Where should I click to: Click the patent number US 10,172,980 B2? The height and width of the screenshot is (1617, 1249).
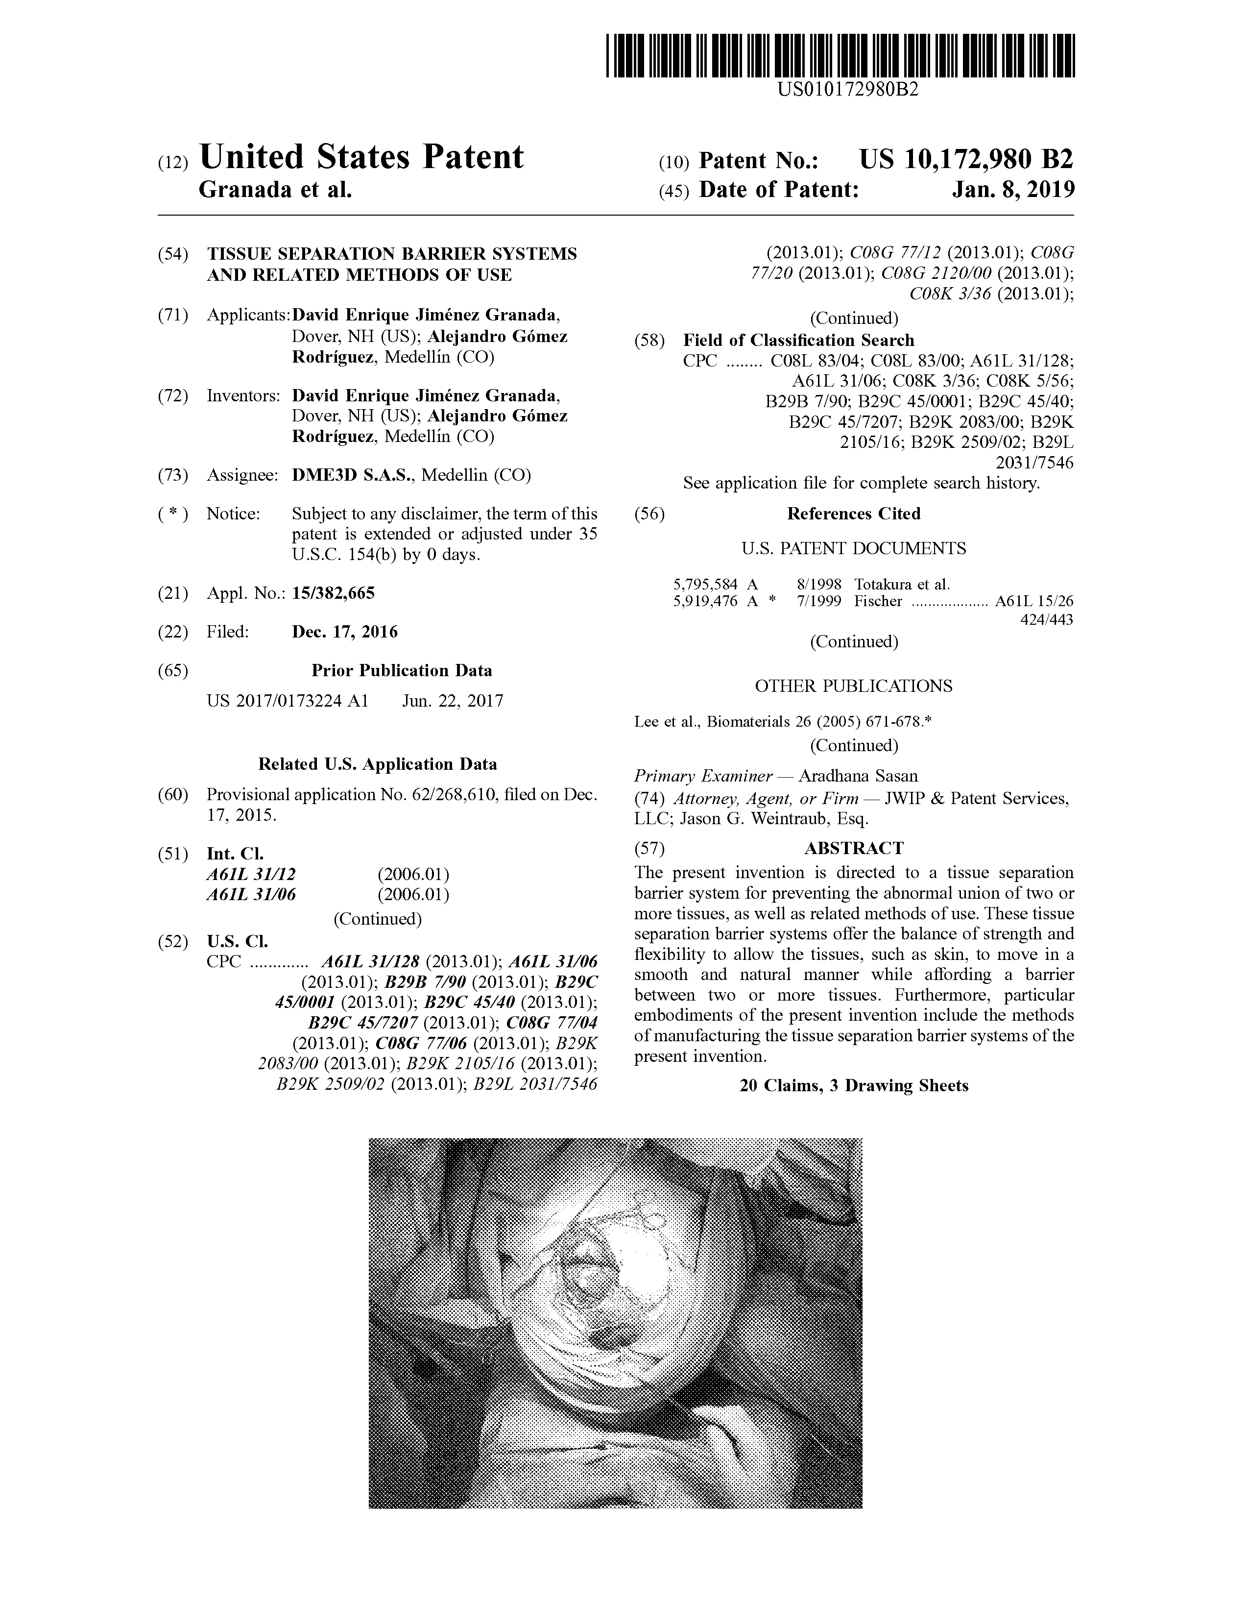(x=965, y=159)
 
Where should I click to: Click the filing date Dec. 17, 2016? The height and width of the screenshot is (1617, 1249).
(x=345, y=632)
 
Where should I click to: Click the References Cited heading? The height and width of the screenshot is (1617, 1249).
(x=854, y=514)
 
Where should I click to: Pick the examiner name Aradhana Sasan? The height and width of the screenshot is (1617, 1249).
(x=858, y=776)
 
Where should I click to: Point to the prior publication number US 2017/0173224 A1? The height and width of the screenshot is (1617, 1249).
(x=287, y=700)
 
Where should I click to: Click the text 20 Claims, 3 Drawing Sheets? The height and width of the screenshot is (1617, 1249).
(x=854, y=1085)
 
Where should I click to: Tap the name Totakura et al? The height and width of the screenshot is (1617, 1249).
(x=902, y=584)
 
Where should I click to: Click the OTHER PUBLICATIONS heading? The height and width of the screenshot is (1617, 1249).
(x=854, y=686)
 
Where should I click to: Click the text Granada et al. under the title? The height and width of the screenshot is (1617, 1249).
(x=275, y=190)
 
